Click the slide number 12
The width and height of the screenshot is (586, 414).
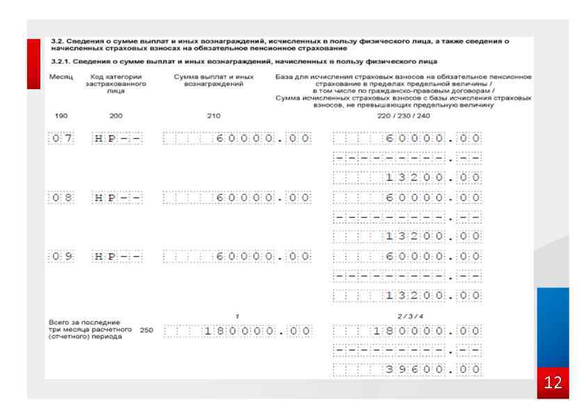(x=555, y=383)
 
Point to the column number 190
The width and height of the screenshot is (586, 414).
(x=61, y=116)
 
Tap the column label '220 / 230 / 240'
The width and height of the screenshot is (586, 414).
(x=395, y=116)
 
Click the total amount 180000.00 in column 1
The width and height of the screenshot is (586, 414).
(x=237, y=331)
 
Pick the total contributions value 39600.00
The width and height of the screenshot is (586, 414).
(x=407, y=369)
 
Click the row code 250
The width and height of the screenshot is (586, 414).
(x=146, y=331)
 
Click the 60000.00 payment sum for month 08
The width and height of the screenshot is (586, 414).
(x=237, y=198)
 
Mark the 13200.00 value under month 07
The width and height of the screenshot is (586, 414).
(x=407, y=178)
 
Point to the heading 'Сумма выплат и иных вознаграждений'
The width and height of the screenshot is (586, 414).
(x=214, y=79)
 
